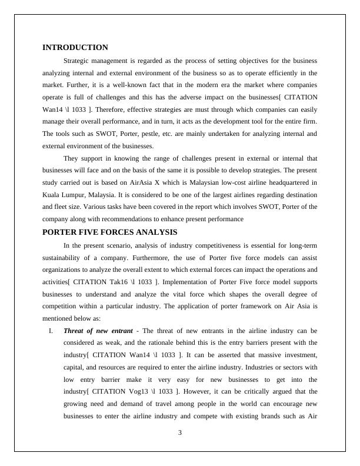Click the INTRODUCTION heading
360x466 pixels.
pos(75,48)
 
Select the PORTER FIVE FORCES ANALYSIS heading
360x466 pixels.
pos(110,232)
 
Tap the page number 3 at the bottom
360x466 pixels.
pos(180,434)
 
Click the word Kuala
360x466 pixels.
pos(52,195)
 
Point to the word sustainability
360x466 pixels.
pos(68,257)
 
